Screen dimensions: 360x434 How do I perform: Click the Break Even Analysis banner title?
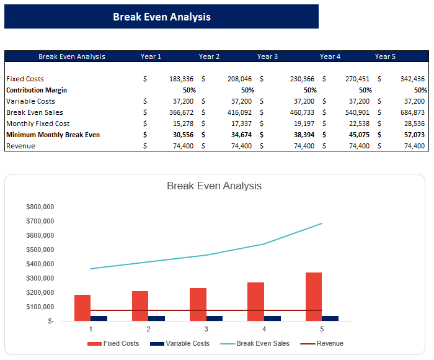pyautogui.click(x=161, y=17)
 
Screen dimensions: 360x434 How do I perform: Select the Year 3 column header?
pyautogui.click(x=267, y=56)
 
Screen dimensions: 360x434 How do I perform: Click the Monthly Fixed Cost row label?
pyautogui.click(x=38, y=124)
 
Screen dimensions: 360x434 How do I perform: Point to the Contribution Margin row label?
pyautogui.click(x=37, y=90)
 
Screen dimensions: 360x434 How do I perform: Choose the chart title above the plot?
pyautogui.click(x=214, y=186)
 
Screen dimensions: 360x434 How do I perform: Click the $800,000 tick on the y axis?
pyautogui.click(x=40, y=207)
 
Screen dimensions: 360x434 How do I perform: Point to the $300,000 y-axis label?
pyautogui.click(x=40, y=278)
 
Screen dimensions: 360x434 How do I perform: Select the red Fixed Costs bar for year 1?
pyautogui.click(x=82, y=308)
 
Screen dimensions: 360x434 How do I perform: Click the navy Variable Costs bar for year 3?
pyautogui.click(x=215, y=318)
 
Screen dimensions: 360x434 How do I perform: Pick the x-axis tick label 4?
pyautogui.click(x=264, y=329)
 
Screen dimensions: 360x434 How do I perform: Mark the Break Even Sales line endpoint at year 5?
pyautogui.click(x=322, y=223)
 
